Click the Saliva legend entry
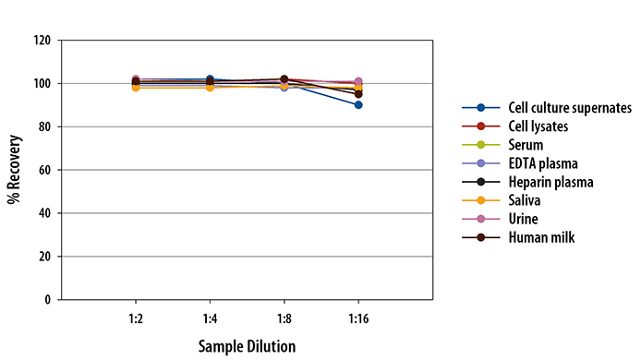524,200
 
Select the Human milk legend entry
540,237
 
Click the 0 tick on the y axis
46,300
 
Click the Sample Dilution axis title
247,346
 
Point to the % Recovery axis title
14,169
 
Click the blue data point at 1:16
358,105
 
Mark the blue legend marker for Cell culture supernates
481,108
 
